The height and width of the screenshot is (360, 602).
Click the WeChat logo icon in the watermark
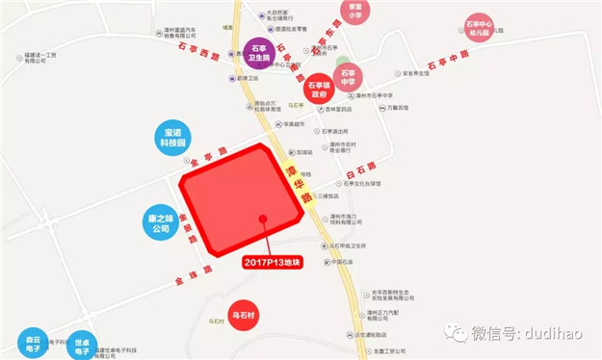point(453,333)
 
